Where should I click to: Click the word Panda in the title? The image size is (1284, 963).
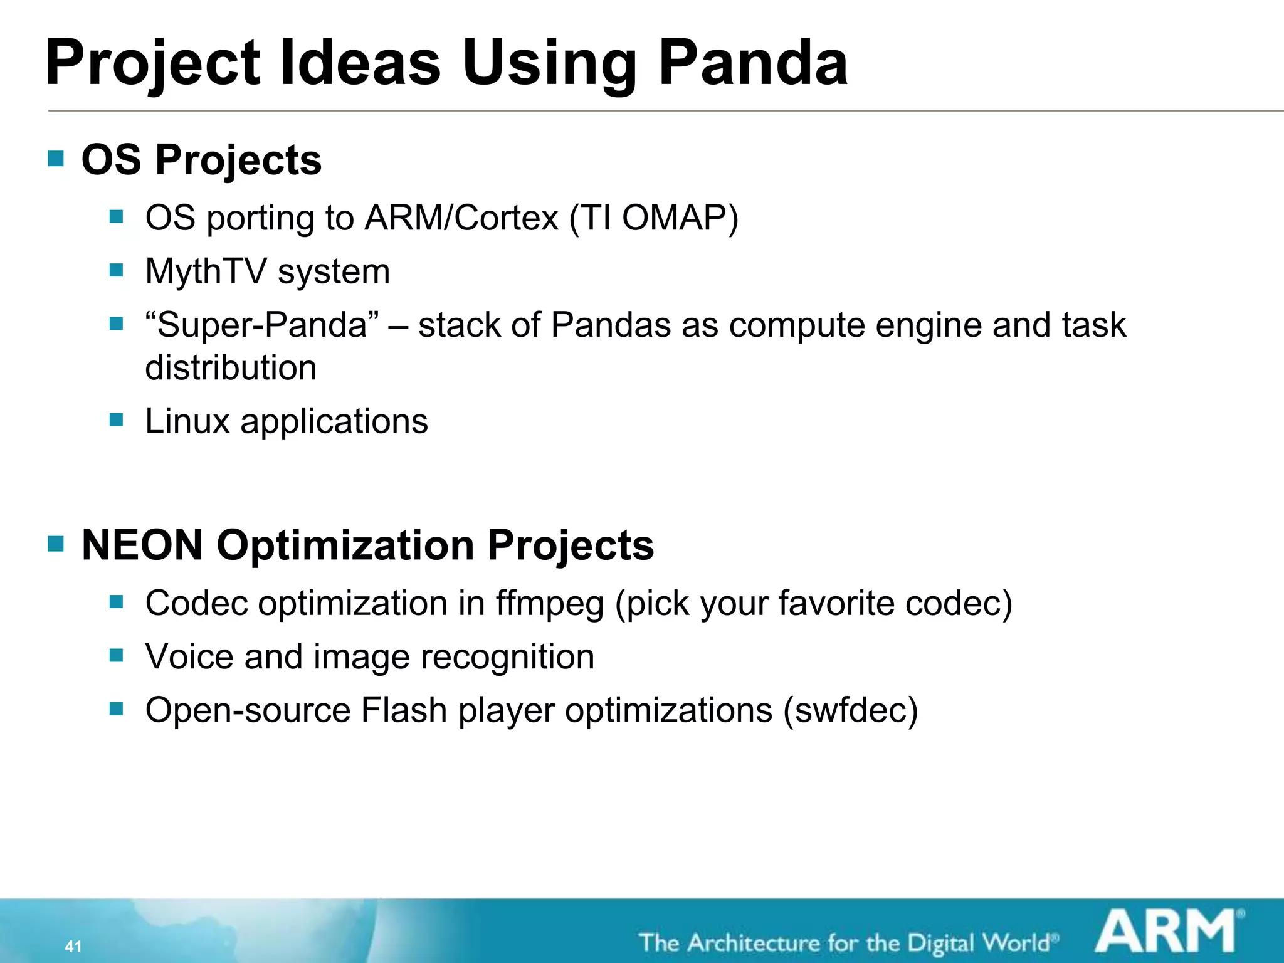pos(752,63)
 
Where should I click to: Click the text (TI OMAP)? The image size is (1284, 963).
pos(654,218)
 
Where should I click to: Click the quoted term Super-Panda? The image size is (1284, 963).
pos(262,325)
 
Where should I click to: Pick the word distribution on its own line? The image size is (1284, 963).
pos(231,367)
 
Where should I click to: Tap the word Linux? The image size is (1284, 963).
pos(187,421)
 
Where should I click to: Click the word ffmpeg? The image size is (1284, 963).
pos(550,603)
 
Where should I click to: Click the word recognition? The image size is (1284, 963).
pos(507,656)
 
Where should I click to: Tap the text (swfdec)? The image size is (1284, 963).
pos(850,710)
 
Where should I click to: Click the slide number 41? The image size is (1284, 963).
pos(73,946)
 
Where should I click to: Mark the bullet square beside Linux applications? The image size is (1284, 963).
pos(116,419)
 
